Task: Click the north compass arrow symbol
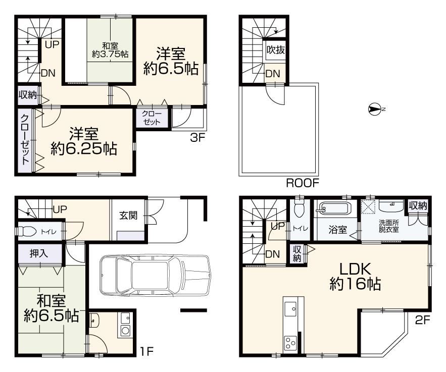click(x=375, y=109)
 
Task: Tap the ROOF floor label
click(x=303, y=183)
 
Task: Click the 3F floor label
click(x=197, y=138)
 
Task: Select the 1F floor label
click(x=146, y=352)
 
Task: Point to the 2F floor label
click(x=422, y=321)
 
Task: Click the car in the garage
click(x=155, y=275)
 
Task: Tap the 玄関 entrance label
click(x=128, y=216)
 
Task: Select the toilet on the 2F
click(x=299, y=209)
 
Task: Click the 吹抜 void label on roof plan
click(x=276, y=50)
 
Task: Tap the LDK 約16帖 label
click(x=355, y=276)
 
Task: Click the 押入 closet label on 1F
click(x=39, y=253)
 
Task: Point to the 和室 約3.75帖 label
click(x=110, y=50)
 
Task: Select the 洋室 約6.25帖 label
click(x=84, y=141)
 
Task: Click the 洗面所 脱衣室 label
click(x=388, y=226)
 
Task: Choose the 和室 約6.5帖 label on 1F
click(x=52, y=308)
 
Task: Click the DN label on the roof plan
click(x=273, y=74)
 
